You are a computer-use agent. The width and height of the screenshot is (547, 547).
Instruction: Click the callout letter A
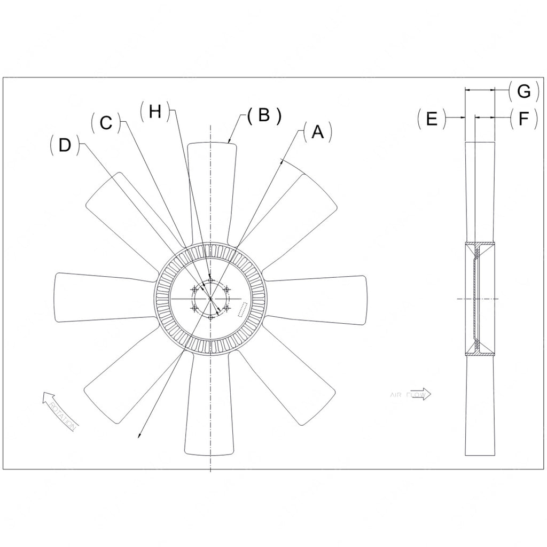pos(318,132)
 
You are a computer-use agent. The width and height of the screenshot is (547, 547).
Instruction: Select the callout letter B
pos(263,115)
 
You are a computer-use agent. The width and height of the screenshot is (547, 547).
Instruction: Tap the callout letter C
pos(106,123)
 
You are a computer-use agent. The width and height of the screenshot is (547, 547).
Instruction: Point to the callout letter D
pos(65,145)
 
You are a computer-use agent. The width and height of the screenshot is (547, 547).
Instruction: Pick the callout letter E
pos(432,118)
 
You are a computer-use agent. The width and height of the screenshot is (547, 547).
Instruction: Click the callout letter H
pos(154,111)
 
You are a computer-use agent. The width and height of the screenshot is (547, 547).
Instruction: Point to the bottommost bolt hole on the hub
pos(211,317)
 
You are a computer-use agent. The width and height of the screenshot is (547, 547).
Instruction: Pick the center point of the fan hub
pos(211,299)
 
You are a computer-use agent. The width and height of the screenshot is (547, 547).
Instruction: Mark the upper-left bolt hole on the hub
pos(194,290)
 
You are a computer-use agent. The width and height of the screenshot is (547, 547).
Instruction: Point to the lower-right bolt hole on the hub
pos(227,308)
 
